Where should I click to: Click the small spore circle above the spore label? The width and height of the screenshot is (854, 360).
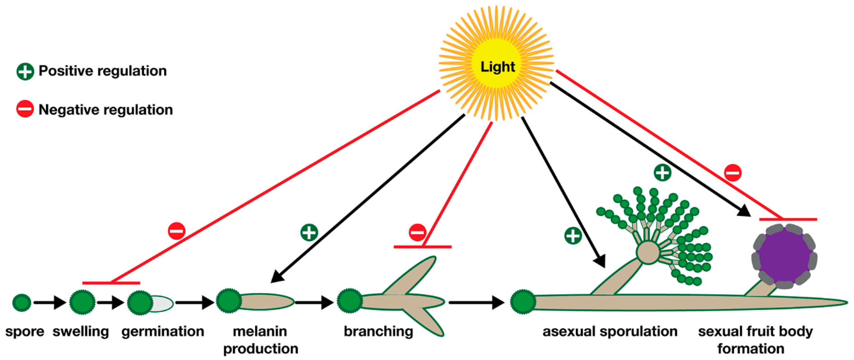(x=22, y=302)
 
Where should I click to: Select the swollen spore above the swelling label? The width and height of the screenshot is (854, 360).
(x=82, y=302)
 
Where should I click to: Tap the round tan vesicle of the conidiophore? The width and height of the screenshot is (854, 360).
(x=648, y=252)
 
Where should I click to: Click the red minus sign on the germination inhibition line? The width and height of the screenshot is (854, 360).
(x=176, y=231)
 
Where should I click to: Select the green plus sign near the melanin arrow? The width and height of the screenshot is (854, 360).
(x=309, y=232)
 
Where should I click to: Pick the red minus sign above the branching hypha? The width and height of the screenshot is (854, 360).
(x=417, y=232)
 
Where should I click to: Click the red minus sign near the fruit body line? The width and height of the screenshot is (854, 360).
(x=733, y=173)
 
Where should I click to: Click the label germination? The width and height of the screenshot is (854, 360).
(x=162, y=331)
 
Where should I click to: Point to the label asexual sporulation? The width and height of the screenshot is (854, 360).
(x=610, y=331)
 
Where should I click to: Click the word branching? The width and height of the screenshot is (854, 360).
(x=378, y=331)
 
